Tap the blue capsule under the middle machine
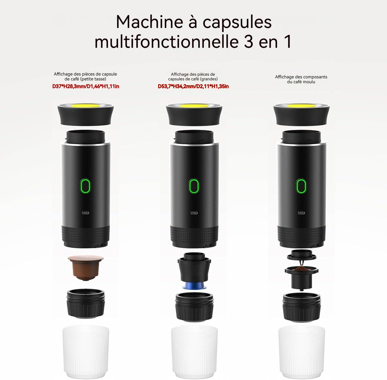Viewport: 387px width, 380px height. [194, 286]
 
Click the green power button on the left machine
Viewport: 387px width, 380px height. [86, 186]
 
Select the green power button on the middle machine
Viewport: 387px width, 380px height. [194, 186]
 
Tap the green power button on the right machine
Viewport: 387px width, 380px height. [301, 186]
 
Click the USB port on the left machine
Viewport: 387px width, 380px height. [86, 213]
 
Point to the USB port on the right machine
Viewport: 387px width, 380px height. [301, 213]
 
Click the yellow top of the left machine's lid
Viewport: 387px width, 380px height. [85, 105]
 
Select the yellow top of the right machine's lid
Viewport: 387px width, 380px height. [301, 106]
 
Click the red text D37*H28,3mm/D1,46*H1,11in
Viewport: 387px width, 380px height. [86, 86]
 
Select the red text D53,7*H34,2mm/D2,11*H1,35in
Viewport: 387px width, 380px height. [193, 86]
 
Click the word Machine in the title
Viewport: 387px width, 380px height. [150, 22]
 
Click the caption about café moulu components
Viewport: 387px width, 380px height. [301, 79]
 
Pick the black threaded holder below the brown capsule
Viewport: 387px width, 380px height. [86, 303]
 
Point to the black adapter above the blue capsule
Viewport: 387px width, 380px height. [194, 267]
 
